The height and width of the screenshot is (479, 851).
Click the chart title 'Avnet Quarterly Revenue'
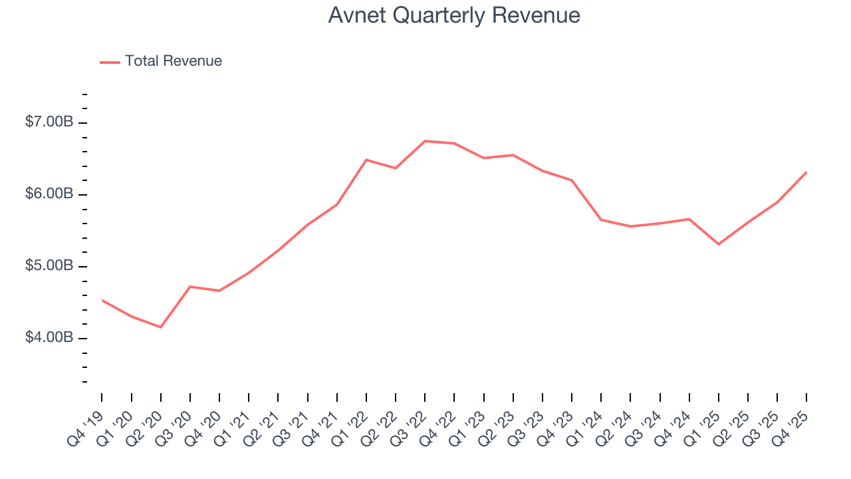(454, 15)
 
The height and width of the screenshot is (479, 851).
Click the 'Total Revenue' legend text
(173, 61)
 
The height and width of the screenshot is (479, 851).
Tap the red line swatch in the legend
(110, 62)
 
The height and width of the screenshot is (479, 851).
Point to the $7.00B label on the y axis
(49, 122)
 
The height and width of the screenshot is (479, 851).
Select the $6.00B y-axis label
(49, 194)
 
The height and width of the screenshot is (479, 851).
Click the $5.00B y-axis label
(49, 266)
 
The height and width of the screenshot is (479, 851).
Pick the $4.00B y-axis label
(49, 338)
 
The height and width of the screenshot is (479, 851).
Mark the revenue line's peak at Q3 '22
(425, 141)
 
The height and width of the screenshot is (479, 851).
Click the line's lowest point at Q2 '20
(161, 327)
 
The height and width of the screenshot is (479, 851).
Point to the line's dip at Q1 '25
(719, 244)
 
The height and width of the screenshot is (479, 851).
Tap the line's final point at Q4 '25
(806, 172)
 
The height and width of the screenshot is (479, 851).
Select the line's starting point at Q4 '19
(102, 300)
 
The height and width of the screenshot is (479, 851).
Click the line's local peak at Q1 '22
(366, 160)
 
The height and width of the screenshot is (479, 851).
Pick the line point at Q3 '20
(190, 287)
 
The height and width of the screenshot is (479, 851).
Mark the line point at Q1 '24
(601, 220)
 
